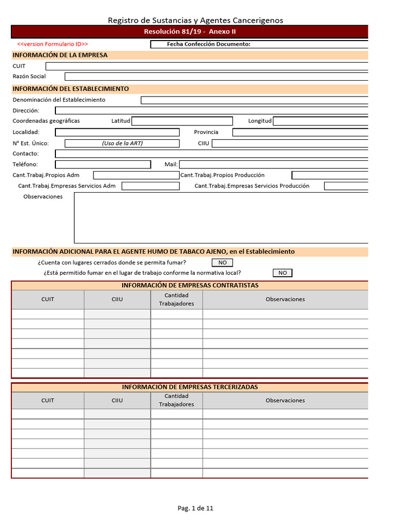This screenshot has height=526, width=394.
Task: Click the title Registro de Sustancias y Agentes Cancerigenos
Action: [195, 20]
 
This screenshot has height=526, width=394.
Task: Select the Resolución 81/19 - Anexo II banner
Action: [190, 32]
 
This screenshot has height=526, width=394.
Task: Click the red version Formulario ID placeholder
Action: [53, 44]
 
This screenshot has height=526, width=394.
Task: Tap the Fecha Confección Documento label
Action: [208, 44]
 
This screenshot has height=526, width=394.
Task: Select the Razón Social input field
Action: [216, 77]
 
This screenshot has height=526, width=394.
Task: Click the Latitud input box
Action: [182, 121]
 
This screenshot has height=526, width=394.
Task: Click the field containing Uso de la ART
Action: [122, 143]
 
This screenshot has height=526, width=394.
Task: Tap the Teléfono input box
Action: [103, 164]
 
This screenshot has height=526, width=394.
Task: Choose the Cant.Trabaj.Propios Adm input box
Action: [136, 175]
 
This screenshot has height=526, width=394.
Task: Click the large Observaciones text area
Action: [221, 217]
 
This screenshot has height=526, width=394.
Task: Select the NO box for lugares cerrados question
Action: [222, 262]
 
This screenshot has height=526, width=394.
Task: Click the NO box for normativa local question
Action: [283, 273]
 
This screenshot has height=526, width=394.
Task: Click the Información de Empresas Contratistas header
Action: [190, 285]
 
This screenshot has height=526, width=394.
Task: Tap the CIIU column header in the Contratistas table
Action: [117, 299]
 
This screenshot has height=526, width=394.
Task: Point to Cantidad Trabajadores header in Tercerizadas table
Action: [176, 400]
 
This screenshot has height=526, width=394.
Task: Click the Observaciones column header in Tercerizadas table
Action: [285, 400]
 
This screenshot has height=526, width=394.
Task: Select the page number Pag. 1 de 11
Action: [195, 508]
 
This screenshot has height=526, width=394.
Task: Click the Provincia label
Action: [206, 132]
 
